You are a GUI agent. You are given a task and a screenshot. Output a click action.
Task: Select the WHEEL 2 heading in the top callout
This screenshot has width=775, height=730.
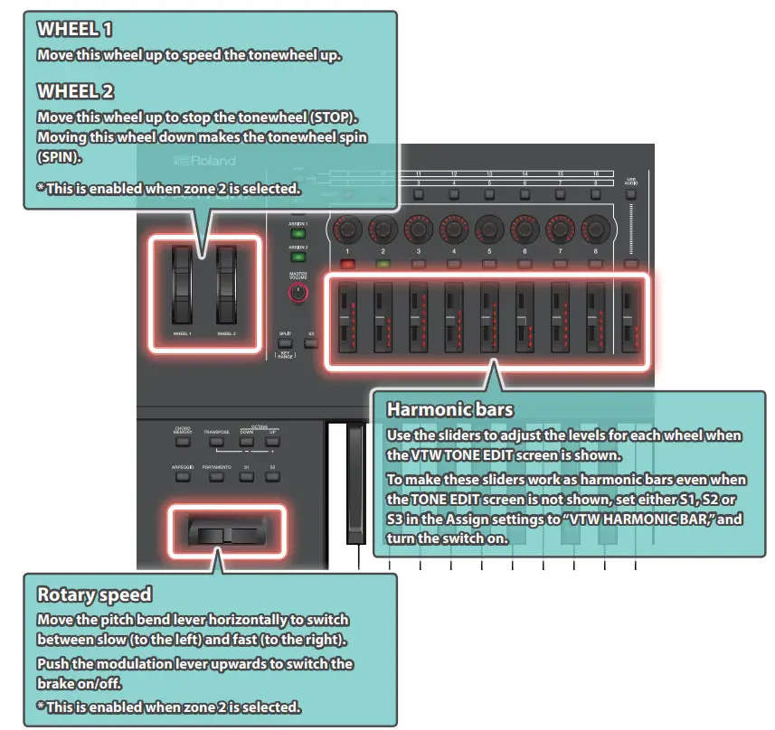[x=76, y=91]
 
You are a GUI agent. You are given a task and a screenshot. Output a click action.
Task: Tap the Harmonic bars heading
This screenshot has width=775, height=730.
[x=449, y=409]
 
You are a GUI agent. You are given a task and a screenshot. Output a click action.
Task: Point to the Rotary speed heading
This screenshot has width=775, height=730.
[x=94, y=594]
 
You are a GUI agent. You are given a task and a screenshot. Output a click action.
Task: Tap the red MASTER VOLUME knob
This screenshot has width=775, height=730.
[x=297, y=292]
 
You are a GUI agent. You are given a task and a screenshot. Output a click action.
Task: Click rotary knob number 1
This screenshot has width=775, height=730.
[x=346, y=227]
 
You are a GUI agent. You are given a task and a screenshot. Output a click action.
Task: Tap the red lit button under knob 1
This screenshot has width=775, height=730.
[x=346, y=266]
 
